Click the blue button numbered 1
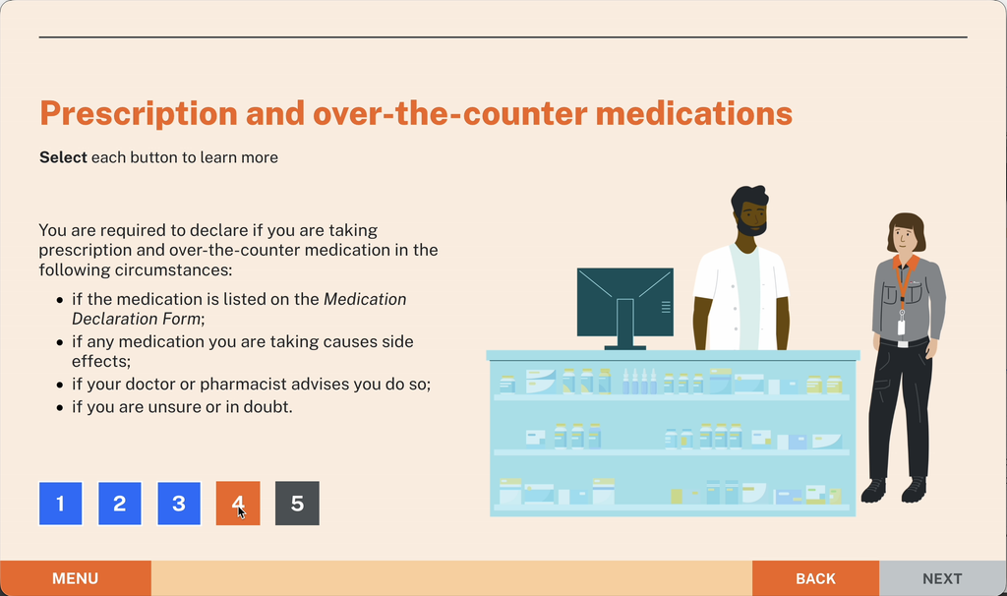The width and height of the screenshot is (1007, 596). tap(60, 504)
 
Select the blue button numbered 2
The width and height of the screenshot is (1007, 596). tap(119, 504)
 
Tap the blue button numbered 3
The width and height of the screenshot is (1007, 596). tap(179, 504)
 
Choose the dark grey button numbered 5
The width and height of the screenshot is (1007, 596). tap(297, 504)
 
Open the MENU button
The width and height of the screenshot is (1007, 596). tap(75, 578)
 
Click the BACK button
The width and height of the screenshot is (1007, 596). tap(815, 578)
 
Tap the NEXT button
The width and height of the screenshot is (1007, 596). tap(942, 578)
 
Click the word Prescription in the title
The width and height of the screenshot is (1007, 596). tap(139, 114)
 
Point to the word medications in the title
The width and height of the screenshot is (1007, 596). tap(694, 113)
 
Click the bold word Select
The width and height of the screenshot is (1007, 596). tap(63, 157)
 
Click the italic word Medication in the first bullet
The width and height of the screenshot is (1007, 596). tap(365, 299)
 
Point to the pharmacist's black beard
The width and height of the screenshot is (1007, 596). tap(751, 226)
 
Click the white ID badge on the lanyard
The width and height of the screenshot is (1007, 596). tap(901, 328)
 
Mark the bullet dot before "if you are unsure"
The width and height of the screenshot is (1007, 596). tap(60, 407)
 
